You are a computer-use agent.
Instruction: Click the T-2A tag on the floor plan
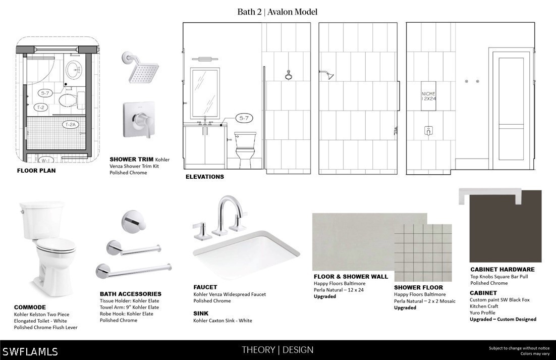pyautogui.click(x=71, y=125)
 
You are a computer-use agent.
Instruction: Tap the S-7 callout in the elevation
pyautogui.click(x=244, y=118)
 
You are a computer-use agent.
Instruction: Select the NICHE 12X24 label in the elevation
pyautogui.click(x=428, y=96)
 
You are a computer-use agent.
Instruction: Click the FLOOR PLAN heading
pyautogui.click(x=36, y=171)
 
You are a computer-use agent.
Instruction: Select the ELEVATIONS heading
pyautogui.click(x=205, y=177)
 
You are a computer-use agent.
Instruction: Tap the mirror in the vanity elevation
pyautogui.click(x=205, y=93)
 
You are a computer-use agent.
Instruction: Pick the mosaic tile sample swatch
pyautogui.click(x=423, y=252)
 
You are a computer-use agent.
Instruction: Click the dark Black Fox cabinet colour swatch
pyautogui.click(x=505, y=226)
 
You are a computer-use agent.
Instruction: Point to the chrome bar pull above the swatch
pyautogui.click(x=490, y=196)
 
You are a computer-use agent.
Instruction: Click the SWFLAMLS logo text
pyautogui.click(x=30, y=351)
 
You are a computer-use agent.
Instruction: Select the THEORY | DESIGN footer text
pyautogui.click(x=277, y=350)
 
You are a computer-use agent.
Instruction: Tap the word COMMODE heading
pyautogui.click(x=30, y=307)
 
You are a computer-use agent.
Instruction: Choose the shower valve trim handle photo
pyautogui.click(x=139, y=120)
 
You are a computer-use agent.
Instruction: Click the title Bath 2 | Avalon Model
pyautogui.click(x=277, y=12)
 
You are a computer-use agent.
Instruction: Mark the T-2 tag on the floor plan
pyautogui.click(x=41, y=107)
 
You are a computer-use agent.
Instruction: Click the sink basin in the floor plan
pyautogui.click(x=74, y=70)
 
